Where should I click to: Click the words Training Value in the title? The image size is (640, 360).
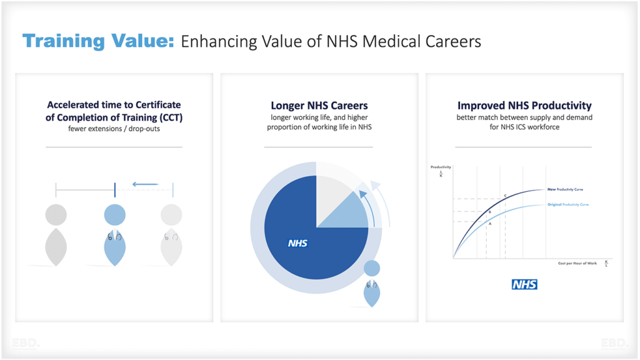pos(98,41)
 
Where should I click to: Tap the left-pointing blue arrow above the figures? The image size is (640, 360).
pos(145,184)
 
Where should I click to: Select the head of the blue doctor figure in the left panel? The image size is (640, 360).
pos(114,215)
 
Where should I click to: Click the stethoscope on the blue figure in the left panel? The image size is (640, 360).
pos(114,236)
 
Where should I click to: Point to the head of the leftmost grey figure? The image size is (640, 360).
pos(56,215)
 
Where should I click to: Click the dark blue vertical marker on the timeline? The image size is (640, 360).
pos(115,189)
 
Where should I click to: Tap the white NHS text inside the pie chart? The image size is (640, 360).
pos(297,243)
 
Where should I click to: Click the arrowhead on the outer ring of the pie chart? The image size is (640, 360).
pos(374,185)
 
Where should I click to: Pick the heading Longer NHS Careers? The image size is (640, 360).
pos(319,106)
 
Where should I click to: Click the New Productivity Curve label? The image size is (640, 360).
pos(565,189)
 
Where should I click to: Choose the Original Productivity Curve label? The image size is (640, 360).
pos(567,204)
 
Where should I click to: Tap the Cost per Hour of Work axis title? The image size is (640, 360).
pos(577,263)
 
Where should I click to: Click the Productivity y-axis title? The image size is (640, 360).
pos(441,167)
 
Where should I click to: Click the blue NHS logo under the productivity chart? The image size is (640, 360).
pos(524,284)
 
